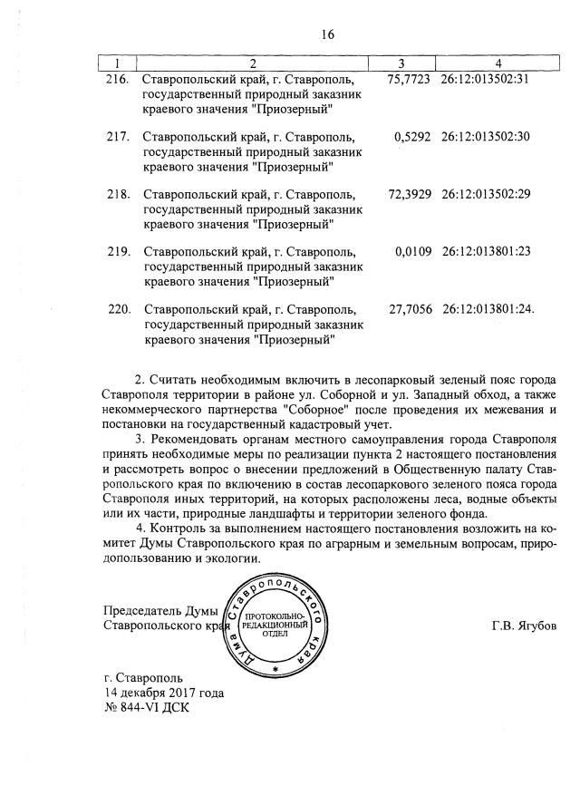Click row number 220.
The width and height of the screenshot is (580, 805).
(x=120, y=309)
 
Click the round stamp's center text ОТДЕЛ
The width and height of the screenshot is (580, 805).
(x=275, y=634)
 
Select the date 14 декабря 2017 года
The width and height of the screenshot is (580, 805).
(x=164, y=693)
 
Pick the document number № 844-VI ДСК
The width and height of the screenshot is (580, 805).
(x=149, y=707)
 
